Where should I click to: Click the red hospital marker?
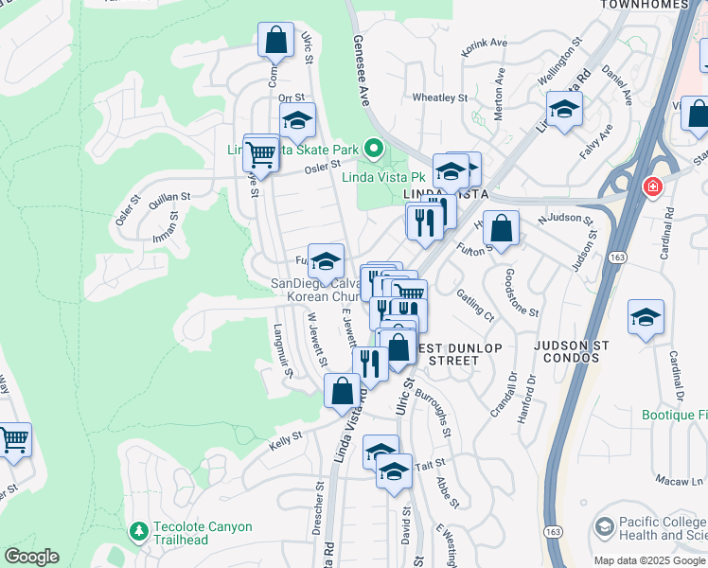pos(651,186)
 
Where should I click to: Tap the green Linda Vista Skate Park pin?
pos(375,149)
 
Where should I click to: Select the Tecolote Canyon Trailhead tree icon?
pos(139,532)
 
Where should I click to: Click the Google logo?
pos(31,557)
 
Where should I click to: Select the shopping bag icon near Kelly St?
pos(341,389)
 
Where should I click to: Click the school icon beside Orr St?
pos(297,121)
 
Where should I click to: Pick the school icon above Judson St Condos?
pos(646,318)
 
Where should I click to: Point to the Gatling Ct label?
pos(474,302)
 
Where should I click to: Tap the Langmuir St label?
pos(283,351)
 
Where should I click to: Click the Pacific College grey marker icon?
pos(604,526)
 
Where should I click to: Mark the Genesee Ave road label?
pos(360,72)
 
